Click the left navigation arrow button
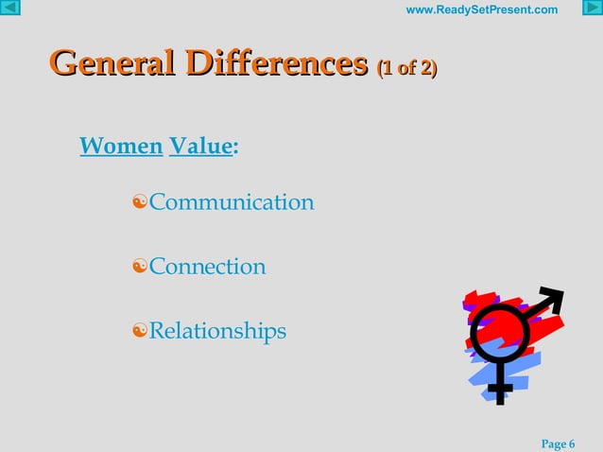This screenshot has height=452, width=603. (x=10, y=9)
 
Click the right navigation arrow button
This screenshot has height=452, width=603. (x=592, y=9)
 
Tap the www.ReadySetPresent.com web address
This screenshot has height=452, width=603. (x=481, y=10)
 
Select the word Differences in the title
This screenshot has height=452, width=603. (x=276, y=64)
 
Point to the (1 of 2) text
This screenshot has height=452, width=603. (x=407, y=68)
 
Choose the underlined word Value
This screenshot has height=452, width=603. (x=199, y=147)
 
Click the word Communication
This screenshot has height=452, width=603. (x=232, y=202)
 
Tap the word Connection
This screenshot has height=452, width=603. (x=207, y=267)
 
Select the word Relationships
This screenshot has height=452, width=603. (x=217, y=331)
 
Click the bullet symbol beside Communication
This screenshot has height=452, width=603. (x=140, y=203)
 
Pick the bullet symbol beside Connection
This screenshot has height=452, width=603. (x=140, y=268)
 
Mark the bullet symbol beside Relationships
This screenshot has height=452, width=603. (x=140, y=332)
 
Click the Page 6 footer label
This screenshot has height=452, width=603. (x=558, y=443)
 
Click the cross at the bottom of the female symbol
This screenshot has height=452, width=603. (x=500, y=387)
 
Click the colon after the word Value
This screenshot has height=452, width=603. (x=234, y=148)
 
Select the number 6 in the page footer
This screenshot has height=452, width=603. (x=572, y=443)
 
